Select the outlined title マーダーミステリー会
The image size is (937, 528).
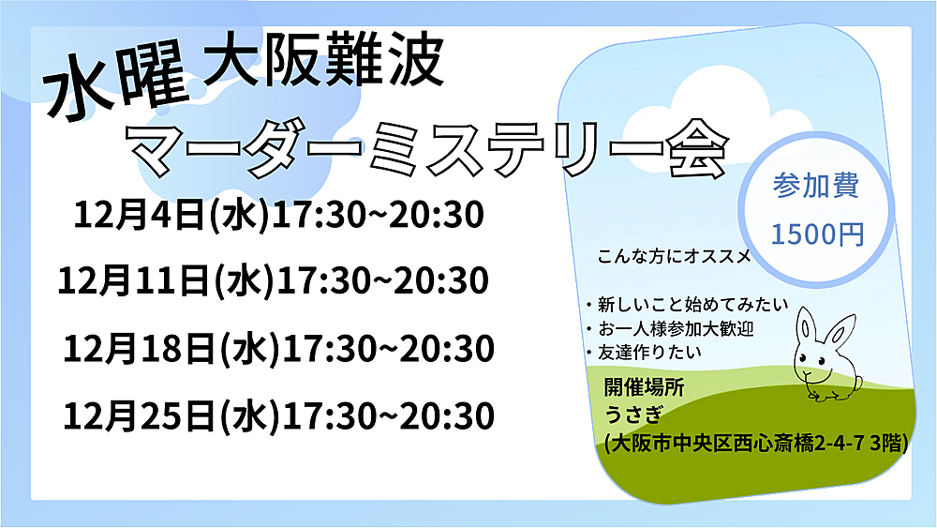pos(428,149)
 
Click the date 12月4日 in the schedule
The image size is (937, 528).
pos(140,215)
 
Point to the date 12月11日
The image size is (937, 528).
pos(134,280)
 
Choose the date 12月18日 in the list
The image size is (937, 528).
pos(140,349)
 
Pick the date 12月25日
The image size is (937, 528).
pos(140,415)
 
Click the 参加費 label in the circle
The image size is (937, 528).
pos(816,186)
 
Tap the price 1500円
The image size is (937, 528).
pos(817,234)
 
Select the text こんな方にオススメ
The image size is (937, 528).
pos(674,257)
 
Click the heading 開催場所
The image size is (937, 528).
pos(644,387)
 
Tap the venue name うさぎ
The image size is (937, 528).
pos(633,414)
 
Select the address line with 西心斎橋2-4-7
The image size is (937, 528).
pos(756,444)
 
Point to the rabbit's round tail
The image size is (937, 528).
pos(857,383)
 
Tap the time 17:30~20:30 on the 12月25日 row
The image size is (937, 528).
pos(388,415)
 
